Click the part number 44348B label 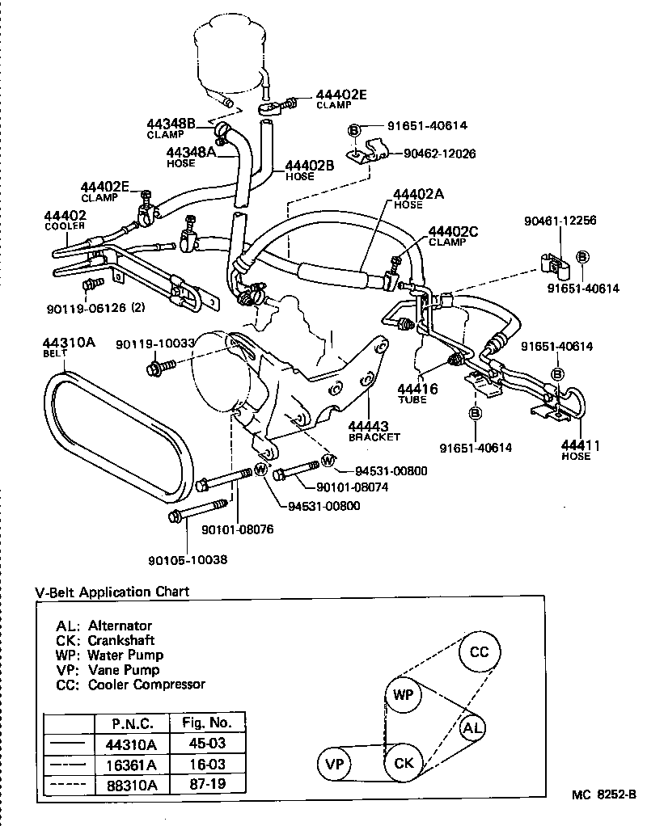pyautogui.click(x=171, y=124)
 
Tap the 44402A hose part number pyautogui.click(x=419, y=194)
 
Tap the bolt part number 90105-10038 pyautogui.click(x=187, y=558)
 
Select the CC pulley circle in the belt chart pyautogui.click(x=480, y=653)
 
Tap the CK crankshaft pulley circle pyautogui.click(x=404, y=763)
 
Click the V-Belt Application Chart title pyautogui.click(x=112, y=592)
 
